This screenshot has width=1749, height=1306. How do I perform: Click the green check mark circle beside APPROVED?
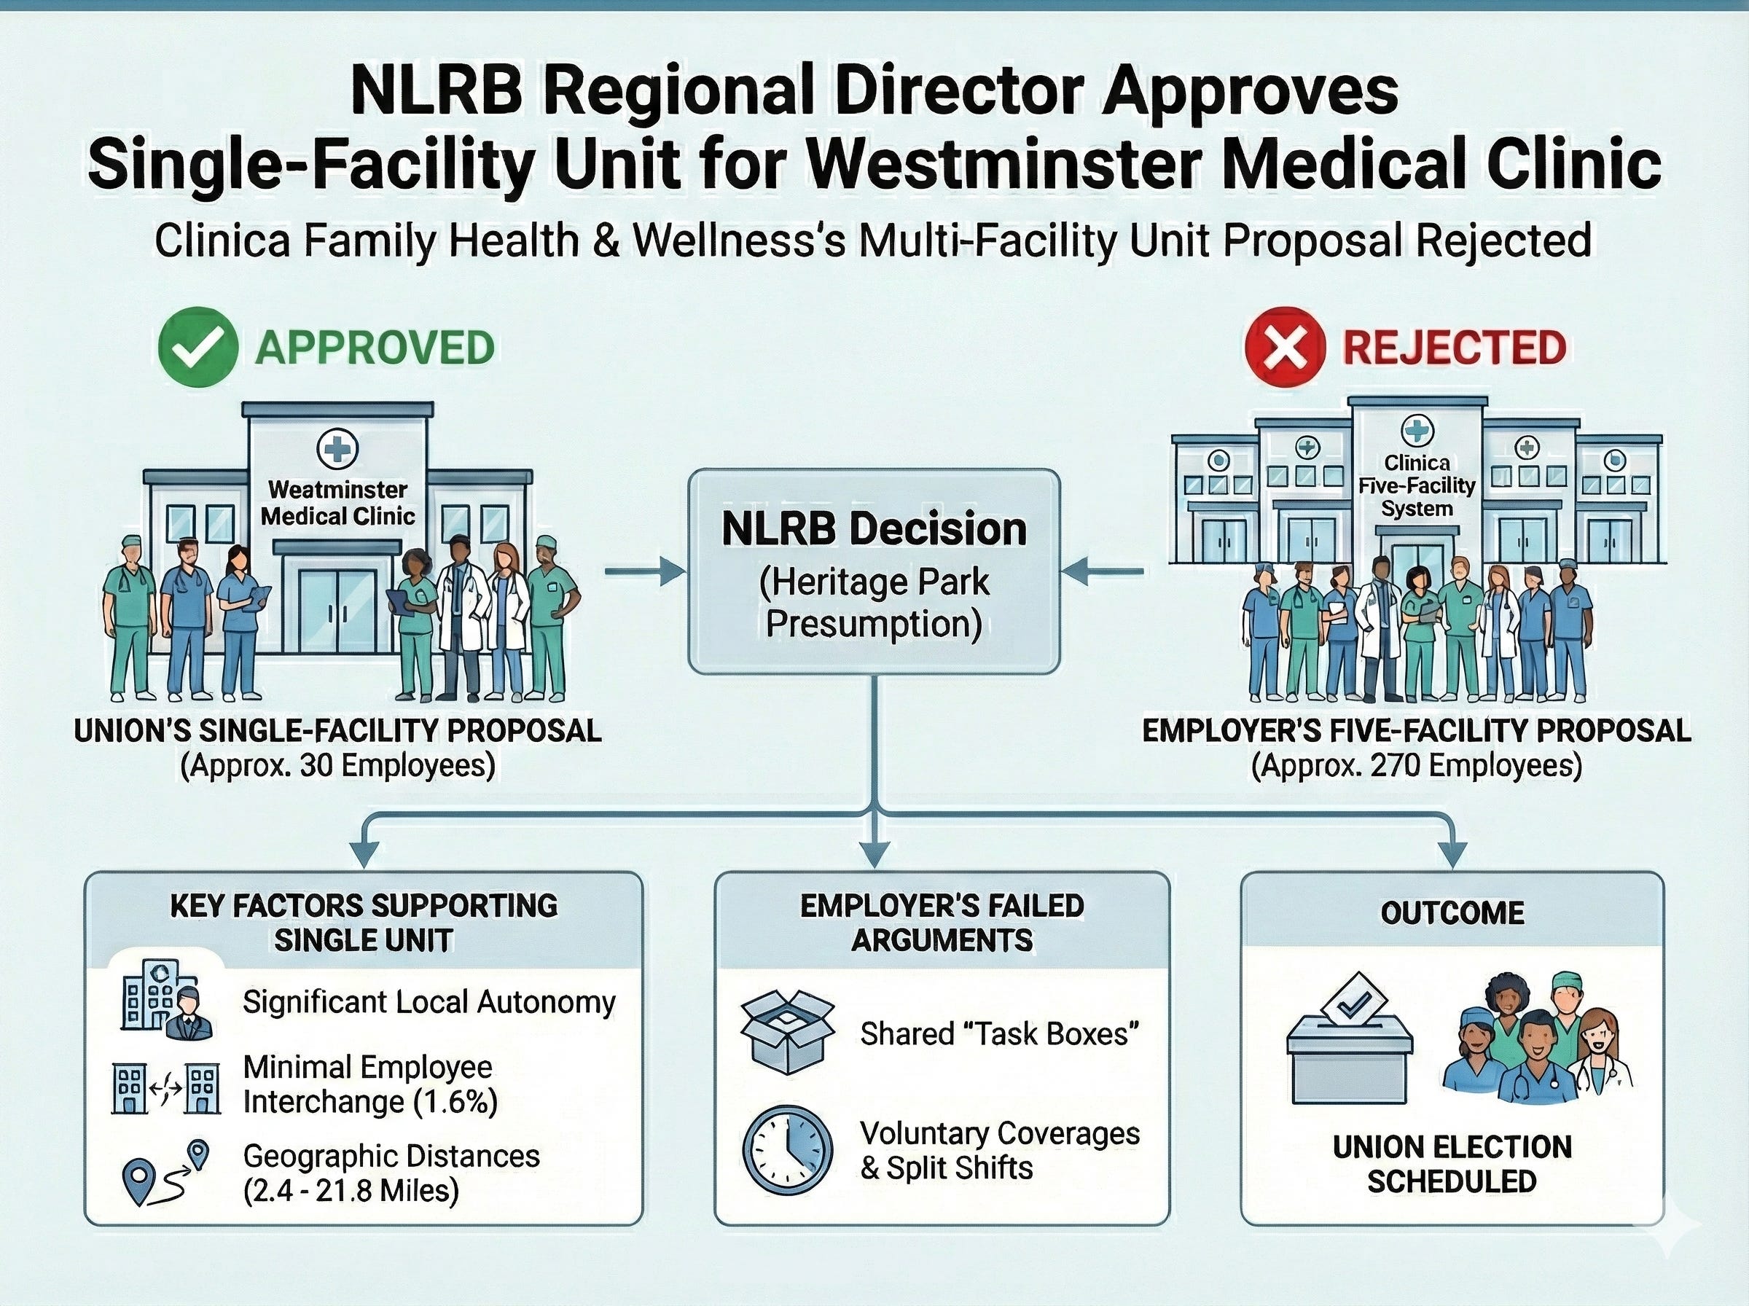coord(197,346)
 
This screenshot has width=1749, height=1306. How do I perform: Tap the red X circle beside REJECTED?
coord(1284,347)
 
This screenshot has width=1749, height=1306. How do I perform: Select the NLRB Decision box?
coord(873,571)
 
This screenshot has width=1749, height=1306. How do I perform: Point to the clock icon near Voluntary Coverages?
coord(789,1149)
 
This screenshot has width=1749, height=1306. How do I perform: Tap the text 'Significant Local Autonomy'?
coord(429,1002)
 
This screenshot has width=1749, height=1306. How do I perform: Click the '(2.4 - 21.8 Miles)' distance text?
coord(351,1191)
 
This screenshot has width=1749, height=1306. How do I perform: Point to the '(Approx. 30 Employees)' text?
coord(337,766)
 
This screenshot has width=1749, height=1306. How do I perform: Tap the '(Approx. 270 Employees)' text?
coord(1416,766)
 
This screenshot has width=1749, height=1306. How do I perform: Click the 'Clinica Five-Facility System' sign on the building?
coord(1416,485)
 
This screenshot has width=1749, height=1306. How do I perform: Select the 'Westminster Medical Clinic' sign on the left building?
coord(337,503)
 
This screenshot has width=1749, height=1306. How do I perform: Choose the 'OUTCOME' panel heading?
coord(1452,913)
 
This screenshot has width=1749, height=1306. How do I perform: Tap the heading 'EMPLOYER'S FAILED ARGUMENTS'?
coord(942,923)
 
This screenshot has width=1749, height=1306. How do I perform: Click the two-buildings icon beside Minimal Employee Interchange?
coord(165,1088)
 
